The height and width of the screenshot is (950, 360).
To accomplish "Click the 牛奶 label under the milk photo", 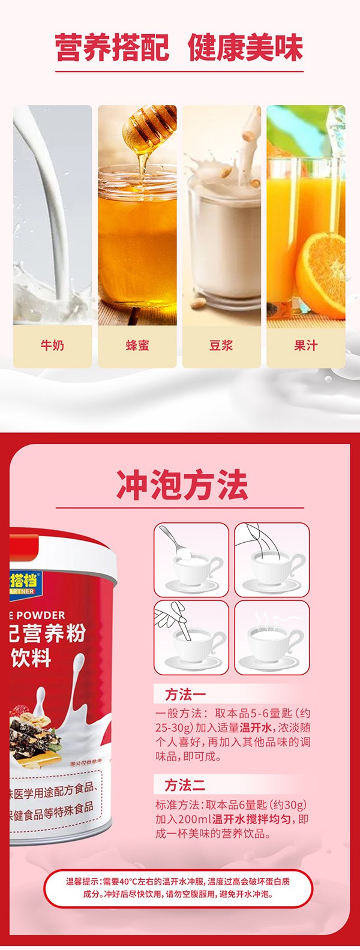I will (x=52, y=345).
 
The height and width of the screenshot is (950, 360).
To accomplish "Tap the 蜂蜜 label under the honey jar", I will (x=137, y=345).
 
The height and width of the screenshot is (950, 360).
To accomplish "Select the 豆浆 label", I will (x=221, y=345).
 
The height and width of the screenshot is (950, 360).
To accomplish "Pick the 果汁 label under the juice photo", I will (x=306, y=345).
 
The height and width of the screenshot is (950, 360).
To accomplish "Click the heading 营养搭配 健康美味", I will (x=179, y=48).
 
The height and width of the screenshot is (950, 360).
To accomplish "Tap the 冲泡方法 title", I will (x=182, y=485).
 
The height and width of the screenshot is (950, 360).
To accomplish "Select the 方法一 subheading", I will (x=185, y=695).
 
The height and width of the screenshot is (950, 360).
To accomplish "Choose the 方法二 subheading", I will (x=185, y=785).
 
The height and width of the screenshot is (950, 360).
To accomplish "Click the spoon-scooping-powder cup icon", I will (x=191, y=560).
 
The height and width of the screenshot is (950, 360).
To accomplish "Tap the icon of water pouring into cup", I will (x=272, y=560).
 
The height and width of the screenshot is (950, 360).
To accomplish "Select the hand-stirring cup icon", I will (x=191, y=637).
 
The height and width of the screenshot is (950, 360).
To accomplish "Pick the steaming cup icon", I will (x=272, y=637).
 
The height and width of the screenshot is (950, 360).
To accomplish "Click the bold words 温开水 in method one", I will (x=257, y=728).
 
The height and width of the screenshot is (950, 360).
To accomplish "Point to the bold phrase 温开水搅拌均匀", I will (x=252, y=819).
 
